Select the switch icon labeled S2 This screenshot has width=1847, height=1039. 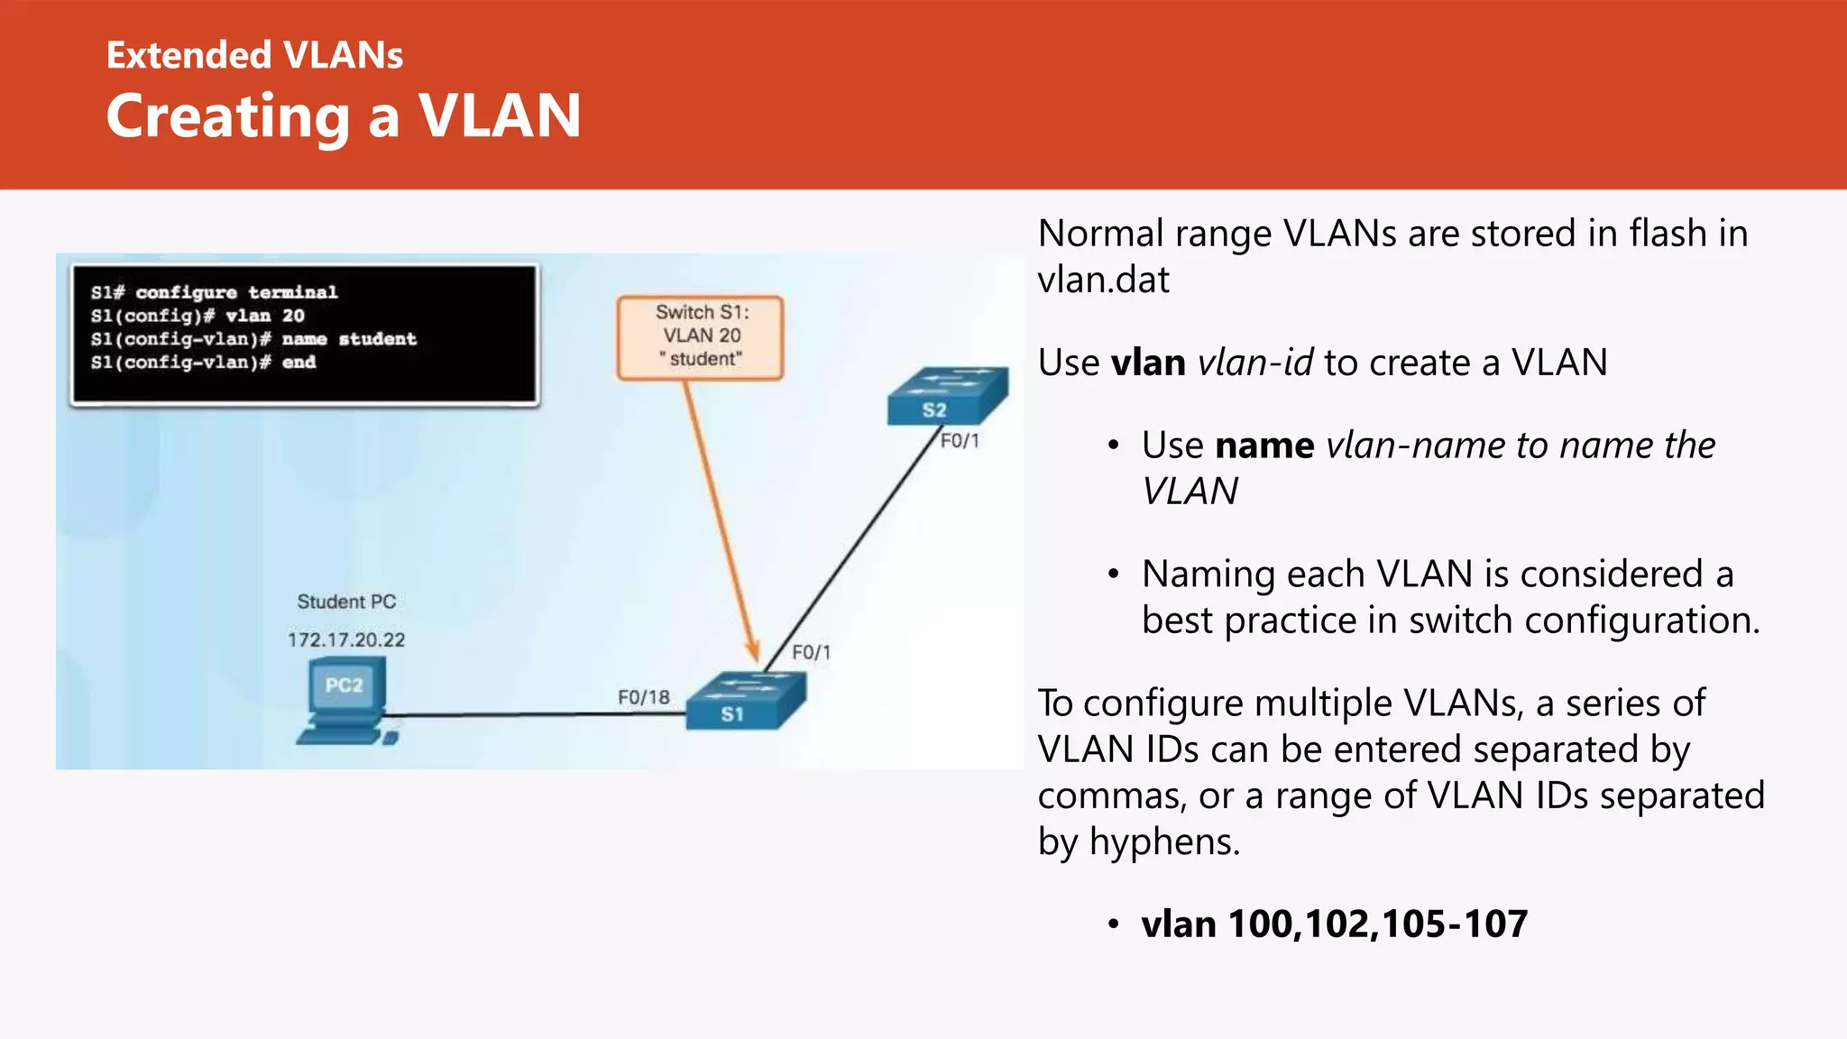(947, 395)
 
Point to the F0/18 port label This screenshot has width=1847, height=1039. (643, 697)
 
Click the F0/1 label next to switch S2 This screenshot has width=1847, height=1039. (960, 441)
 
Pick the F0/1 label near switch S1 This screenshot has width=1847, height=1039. (811, 652)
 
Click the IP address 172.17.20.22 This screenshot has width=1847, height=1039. (346, 639)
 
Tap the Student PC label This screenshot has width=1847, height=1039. (346, 602)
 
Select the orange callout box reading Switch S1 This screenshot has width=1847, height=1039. (701, 336)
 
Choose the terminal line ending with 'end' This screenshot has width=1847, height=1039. (203, 363)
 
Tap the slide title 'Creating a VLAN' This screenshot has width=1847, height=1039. (344, 116)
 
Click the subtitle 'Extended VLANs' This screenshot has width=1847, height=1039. (254, 55)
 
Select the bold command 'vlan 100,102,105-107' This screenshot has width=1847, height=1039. (1334, 924)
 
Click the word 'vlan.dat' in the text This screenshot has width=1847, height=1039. (1103, 280)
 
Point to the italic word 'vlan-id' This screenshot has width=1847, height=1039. (1254, 363)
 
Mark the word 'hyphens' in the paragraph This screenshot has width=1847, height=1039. (1164, 842)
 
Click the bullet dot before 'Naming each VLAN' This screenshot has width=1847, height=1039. (1114, 575)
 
